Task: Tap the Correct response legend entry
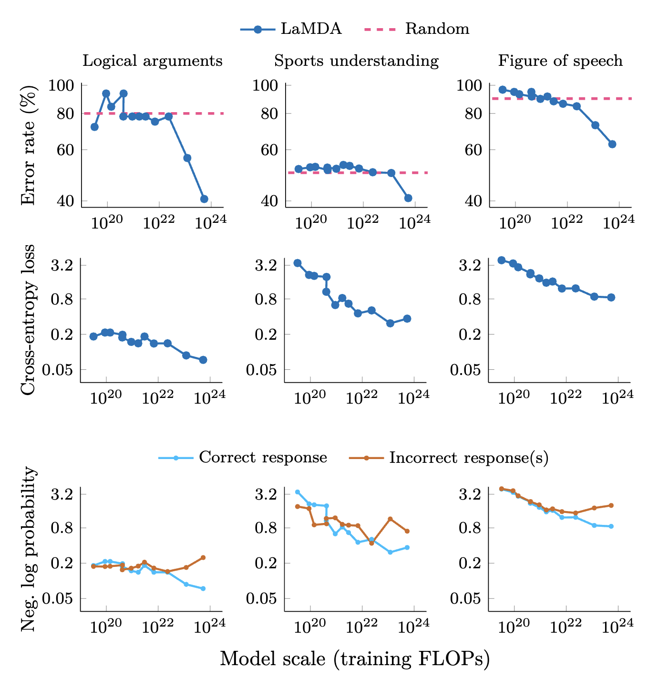[243, 458]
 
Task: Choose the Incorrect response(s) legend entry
[448, 458]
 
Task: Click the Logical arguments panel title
[153, 61]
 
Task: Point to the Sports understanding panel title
[356, 61]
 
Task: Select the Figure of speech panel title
[560, 61]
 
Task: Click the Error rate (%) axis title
[29, 145]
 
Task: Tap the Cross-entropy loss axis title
[29, 319]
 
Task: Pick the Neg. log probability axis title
[29, 549]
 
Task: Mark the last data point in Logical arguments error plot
[204, 199]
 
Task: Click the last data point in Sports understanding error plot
[408, 198]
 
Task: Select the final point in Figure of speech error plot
[612, 144]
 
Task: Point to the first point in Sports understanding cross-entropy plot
[298, 263]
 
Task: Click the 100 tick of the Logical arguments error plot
[65, 85]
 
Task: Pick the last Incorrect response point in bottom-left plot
[203, 557]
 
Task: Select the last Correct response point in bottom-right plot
[611, 526]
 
